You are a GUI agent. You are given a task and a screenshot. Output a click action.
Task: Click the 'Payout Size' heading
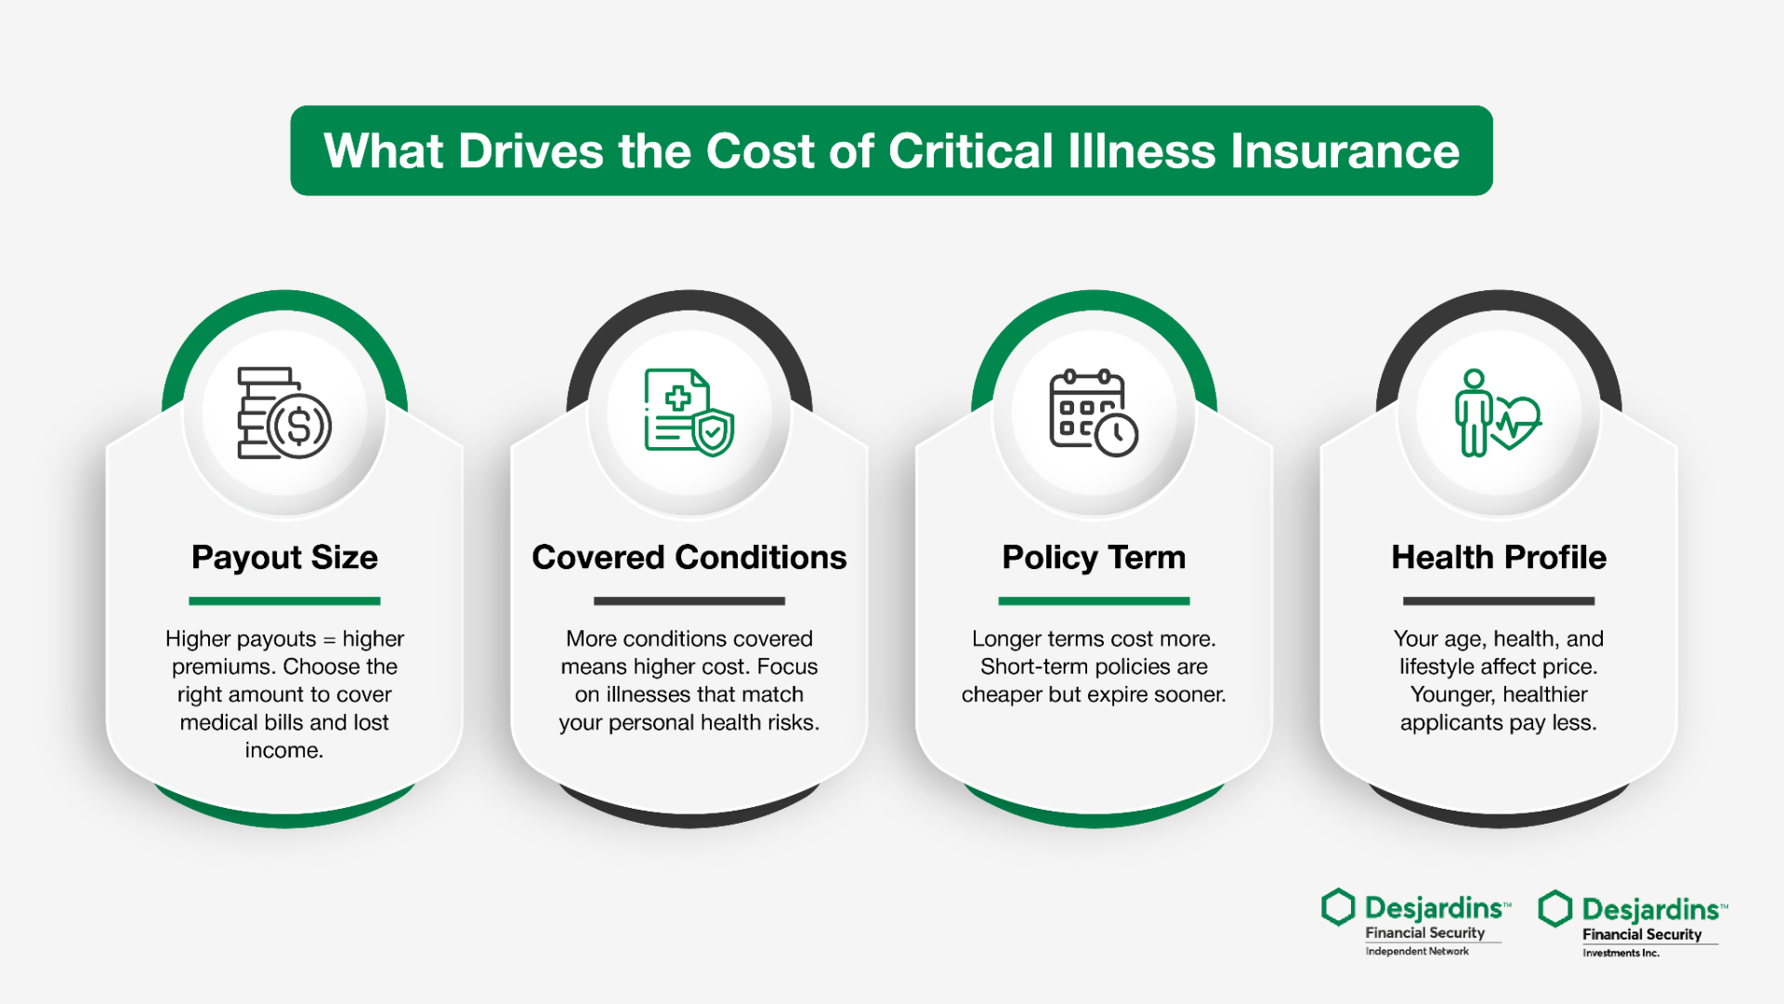click(x=284, y=558)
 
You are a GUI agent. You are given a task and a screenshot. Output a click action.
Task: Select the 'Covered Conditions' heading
click(x=689, y=557)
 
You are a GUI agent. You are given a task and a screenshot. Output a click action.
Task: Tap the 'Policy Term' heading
click(x=1094, y=558)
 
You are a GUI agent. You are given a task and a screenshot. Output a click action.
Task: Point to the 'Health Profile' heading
click(x=1499, y=557)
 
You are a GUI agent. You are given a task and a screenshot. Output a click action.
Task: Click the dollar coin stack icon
click(x=284, y=413)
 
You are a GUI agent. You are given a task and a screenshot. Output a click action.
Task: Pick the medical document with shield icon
click(x=689, y=412)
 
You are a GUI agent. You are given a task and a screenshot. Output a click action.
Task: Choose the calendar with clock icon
click(x=1094, y=413)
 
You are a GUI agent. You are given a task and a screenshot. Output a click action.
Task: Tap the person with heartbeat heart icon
click(x=1498, y=413)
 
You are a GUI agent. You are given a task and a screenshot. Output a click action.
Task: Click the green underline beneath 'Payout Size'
click(x=284, y=601)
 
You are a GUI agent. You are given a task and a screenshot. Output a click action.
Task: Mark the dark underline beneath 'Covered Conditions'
click(x=689, y=601)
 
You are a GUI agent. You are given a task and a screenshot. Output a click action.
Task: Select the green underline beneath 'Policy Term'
click(x=1094, y=601)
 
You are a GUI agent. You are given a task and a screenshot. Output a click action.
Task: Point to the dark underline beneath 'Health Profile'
click(x=1499, y=601)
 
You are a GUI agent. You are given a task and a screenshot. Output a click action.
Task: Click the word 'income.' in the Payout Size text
click(x=284, y=750)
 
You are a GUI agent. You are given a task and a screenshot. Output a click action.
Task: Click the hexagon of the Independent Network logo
click(x=1338, y=907)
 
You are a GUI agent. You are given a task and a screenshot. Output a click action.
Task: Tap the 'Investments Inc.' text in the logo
click(x=1620, y=953)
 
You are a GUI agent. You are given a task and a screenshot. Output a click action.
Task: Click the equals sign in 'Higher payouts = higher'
click(x=329, y=640)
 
